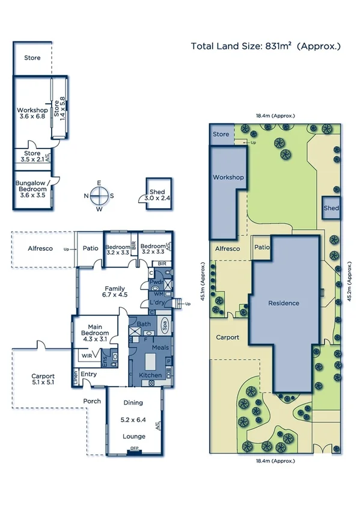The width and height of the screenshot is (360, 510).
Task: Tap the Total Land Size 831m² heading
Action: pos(266,46)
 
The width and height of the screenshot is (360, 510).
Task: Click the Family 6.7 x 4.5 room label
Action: pos(115,292)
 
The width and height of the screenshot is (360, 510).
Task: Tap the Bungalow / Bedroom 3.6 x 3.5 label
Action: pos(33,192)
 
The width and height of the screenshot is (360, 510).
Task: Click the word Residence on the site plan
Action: pos(284,303)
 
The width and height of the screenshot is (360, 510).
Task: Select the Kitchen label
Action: pos(150,375)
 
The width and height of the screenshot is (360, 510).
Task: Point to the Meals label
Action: pos(159,348)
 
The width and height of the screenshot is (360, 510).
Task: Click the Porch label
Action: pos(92,401)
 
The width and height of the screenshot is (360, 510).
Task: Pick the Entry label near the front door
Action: pos(88,374)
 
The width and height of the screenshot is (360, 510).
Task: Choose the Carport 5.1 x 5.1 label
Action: pos(43,379)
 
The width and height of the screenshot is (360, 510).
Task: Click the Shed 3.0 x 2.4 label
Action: pos(157,195)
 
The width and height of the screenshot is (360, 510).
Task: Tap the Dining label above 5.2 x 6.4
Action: pos(133,403)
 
